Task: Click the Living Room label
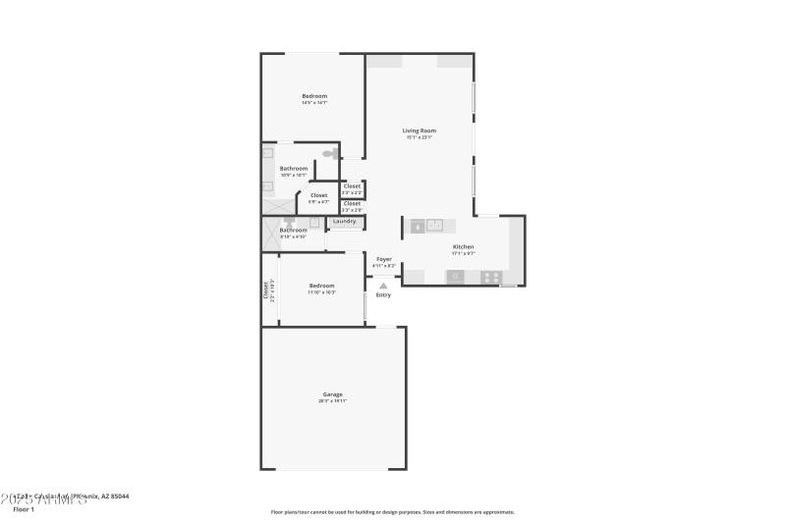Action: coord(420,131)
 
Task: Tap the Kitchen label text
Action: coord(463,246)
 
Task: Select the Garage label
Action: coord(333,394)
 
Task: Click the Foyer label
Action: coord(384,259)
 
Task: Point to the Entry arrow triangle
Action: coord(383,286)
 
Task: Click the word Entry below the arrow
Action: coord(383,295)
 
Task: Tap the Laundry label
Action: coord(344,222)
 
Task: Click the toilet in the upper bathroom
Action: coord(328,154)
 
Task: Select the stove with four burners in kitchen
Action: coord(491,277)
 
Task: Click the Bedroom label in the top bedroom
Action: coord(314,95)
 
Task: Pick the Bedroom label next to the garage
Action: coord(321,286)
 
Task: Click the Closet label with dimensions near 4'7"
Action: coord(318,195)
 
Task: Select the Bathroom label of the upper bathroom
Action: coord(294,168)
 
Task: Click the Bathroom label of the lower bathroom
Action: coord(294,230)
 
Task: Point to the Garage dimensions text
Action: coord(333,401)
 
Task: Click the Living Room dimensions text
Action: coord(420,137)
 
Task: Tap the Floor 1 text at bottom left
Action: coord(24,509)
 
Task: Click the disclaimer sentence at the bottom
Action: coord(392,511)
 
